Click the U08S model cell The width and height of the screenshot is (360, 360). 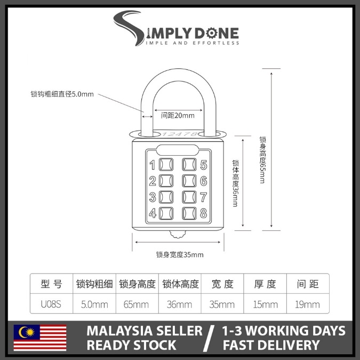(52, 305)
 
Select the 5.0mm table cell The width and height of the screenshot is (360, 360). (94, 305)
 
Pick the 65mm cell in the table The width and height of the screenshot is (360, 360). (137, 305)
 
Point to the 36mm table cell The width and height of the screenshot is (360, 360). (180, 305)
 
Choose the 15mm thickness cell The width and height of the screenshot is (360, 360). (265, 305)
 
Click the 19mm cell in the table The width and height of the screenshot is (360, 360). (308, 305)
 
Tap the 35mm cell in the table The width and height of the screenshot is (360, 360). (222, 305)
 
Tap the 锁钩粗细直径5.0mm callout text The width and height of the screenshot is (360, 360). (62, 94)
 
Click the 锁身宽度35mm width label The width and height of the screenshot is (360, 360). (180, 254)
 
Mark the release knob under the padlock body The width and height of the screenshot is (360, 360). (177, 234)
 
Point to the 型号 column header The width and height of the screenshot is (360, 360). (52, 284)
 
